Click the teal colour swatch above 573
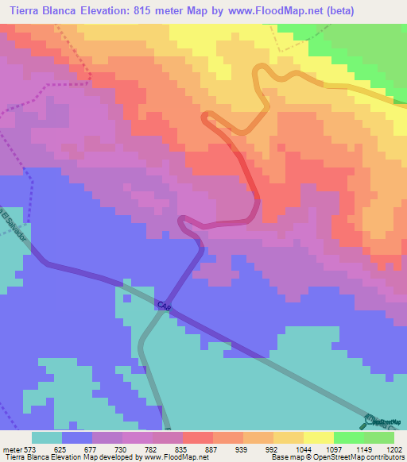(x=47, y=437)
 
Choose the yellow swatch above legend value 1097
(x=319, y=437)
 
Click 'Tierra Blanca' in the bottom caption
(x=28, y=456)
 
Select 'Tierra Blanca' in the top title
(x=44, y=10)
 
